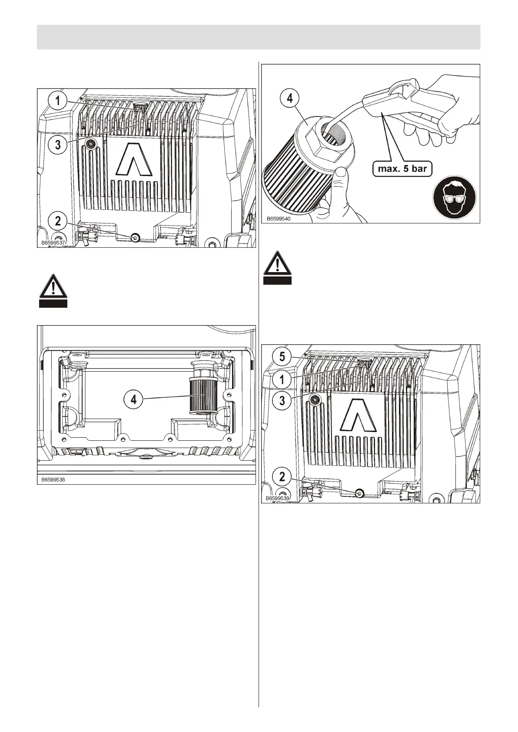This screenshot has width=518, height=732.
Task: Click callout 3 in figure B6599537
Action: (x=58, y=145)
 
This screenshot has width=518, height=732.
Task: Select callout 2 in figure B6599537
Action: (x=58, y=221)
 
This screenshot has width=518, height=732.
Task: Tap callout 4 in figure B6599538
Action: (x=134, y=399)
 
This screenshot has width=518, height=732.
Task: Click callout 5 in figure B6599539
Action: (x=282, y=357)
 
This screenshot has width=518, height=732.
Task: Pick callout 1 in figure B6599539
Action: (x=282, y=379)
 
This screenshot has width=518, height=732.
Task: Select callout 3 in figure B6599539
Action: (x=282, y=400)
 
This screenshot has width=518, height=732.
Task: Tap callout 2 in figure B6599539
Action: (x=282, y=477)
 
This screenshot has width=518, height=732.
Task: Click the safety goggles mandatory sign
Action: (x=454, y=198)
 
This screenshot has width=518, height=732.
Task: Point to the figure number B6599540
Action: (x=278, y=219)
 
